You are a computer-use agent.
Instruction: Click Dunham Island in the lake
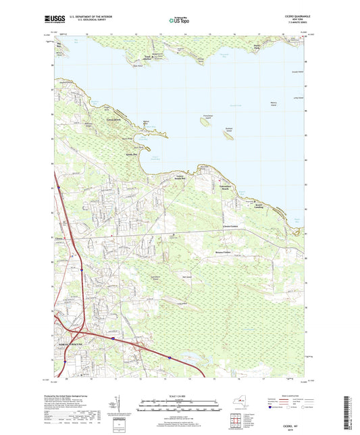(x=228, y=134)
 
